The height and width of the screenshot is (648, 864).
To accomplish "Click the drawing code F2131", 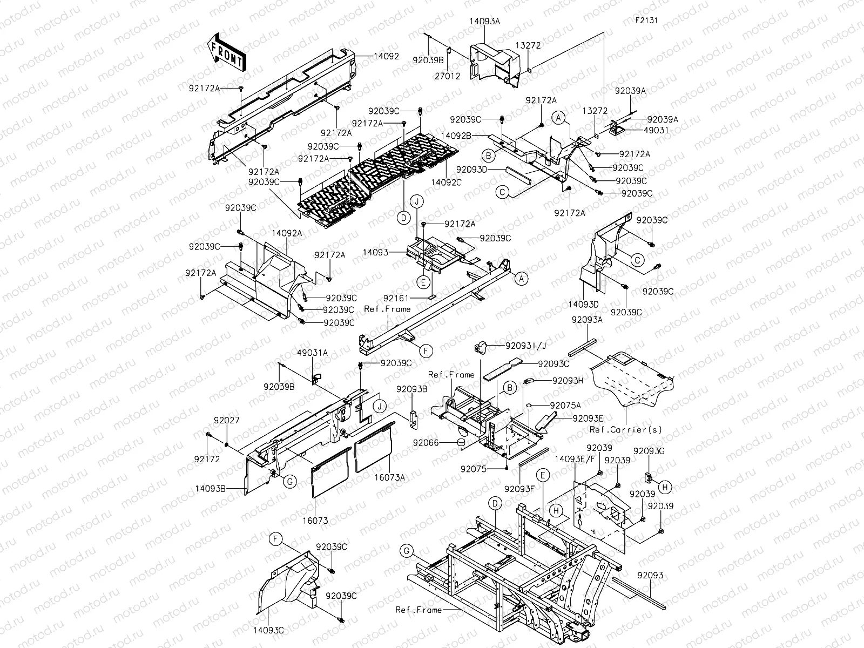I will tap(646, 21).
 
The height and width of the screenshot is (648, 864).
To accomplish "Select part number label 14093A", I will tap(484, 22).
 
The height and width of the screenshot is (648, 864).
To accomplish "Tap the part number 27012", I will tap(448, 76).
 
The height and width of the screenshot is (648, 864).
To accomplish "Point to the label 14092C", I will tap(446, 183).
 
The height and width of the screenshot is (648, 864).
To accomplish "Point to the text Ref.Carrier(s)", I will tap(625, 430).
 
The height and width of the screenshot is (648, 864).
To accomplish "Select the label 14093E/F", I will tap(574, 458).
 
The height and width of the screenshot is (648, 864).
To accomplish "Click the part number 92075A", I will tap(565, 405).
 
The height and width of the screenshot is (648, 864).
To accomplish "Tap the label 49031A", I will tap(312, 353).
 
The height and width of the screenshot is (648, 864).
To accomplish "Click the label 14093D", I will tap(583, 305).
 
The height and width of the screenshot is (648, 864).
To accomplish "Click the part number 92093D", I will tap(472, 169).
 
